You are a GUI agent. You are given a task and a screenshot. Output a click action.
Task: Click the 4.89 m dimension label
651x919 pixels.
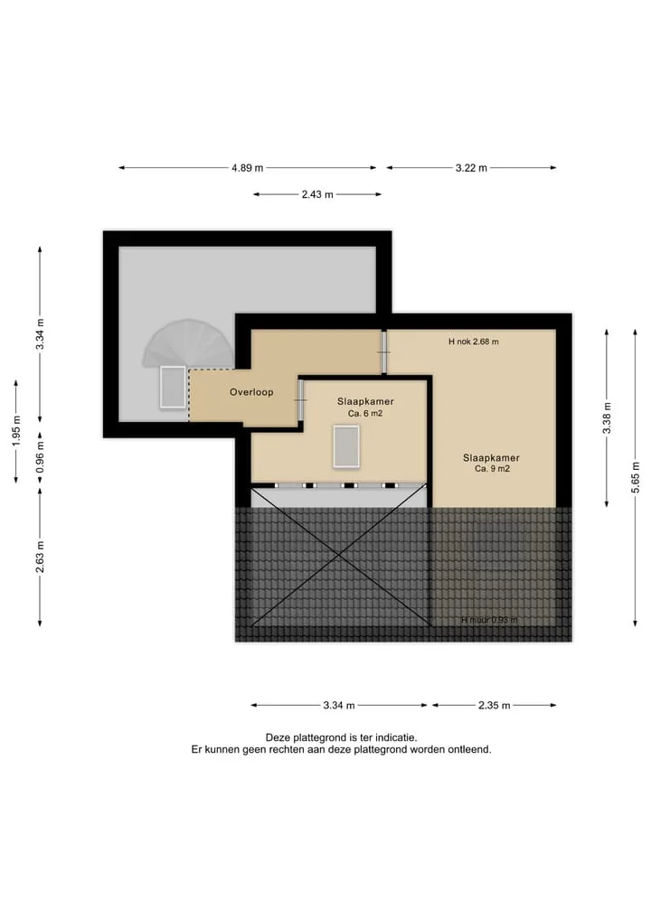(x=248, y=168)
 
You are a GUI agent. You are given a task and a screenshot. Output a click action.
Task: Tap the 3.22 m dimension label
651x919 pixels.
(x=472, y=168)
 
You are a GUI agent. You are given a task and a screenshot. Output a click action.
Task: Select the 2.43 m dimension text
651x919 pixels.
(x=317, y=194)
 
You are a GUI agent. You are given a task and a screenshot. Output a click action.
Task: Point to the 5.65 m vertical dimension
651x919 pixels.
(x=636, y=478)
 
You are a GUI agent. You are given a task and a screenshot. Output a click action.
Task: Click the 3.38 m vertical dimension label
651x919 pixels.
(x=607, y=418)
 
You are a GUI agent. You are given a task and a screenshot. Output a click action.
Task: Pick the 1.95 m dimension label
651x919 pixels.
(x=16, y=431)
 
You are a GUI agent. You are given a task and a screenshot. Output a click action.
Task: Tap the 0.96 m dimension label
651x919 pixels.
(x=40, y=458)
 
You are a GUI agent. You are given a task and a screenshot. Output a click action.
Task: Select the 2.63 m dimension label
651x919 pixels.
(x=40, y=558)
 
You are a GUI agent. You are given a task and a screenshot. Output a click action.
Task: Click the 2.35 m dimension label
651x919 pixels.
(x=495, y=706)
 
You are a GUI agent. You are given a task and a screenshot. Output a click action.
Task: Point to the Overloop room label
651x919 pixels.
(x=251, y=393)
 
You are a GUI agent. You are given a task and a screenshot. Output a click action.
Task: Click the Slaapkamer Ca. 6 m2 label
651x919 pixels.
(x=365, y=408)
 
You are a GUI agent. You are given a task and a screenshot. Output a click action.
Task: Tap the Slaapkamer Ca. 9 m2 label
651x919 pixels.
(x=492, y=463)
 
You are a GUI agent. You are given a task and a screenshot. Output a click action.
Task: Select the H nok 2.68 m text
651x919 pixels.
(x=473, y=342)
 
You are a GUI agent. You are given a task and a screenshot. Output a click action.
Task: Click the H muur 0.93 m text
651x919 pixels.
(x=490, y=620)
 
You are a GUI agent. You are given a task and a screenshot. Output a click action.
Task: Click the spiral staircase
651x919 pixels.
(x=188, y=342)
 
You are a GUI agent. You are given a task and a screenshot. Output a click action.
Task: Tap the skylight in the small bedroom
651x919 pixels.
(x=346, y=446)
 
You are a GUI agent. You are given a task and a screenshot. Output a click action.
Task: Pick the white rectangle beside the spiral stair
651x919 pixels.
(x=173, y=387)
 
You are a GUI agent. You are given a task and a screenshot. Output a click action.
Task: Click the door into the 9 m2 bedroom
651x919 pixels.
(x=384, y=352)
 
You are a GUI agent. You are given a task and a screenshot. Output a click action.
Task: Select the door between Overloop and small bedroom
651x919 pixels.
(x=300, y=400)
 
